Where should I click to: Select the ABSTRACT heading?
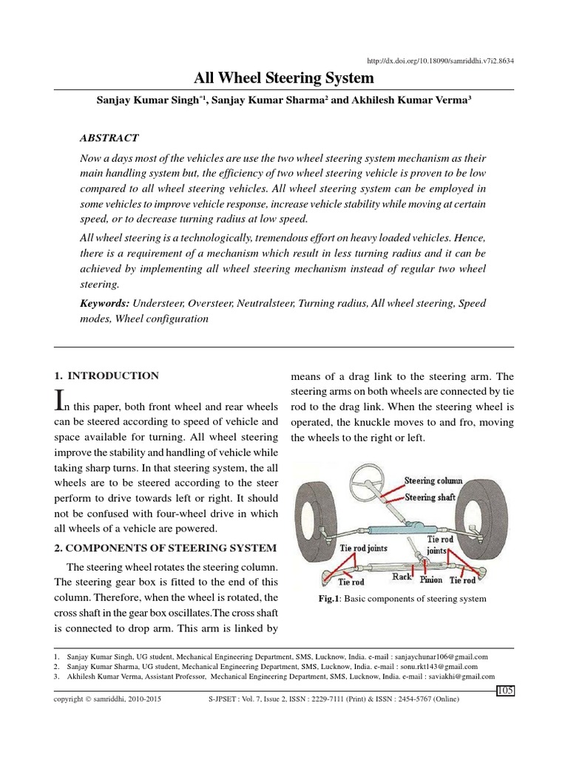[108, 138]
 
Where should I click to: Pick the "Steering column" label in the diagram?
[433, 481]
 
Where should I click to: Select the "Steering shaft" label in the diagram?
[430, 497]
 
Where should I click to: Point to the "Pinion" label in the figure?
[431, 580]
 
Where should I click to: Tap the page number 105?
[505, 690]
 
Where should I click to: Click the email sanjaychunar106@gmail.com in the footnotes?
[442, 656]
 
